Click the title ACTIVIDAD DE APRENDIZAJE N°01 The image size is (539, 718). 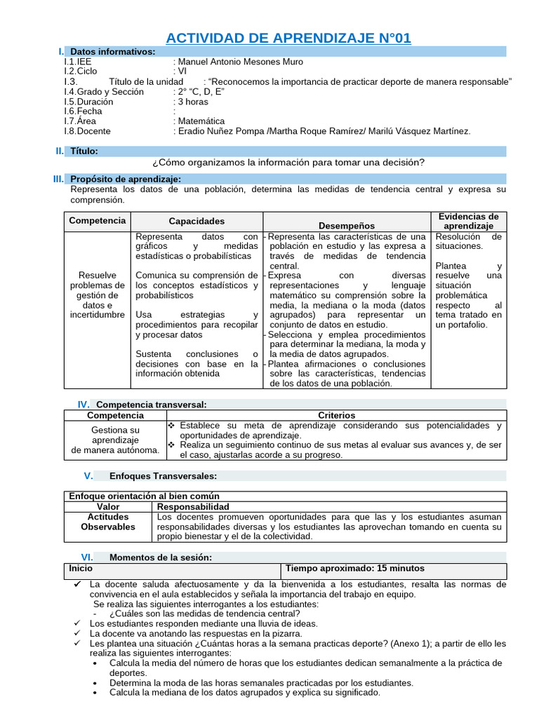coord(288,37)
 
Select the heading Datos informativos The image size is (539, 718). coord(113,52)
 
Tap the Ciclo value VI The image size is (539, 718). coord(181,72)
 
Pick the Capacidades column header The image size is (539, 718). coord(197,222)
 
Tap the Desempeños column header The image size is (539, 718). coord(347,226)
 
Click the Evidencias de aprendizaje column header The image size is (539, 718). coord(468,222)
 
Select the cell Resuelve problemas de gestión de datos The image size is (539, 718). coord(98,295)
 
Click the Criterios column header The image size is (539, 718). coord(336,416)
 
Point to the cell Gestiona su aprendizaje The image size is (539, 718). coord(115,440)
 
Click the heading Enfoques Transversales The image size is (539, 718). coord(163,476)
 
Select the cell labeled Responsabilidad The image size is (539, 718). coord(192,506)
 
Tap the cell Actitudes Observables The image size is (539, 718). coord(107,521)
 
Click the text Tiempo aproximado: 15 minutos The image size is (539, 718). coord(354,569)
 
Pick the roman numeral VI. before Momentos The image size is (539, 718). coord(87,557)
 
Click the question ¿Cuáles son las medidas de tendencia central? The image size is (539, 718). coord(204,614)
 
